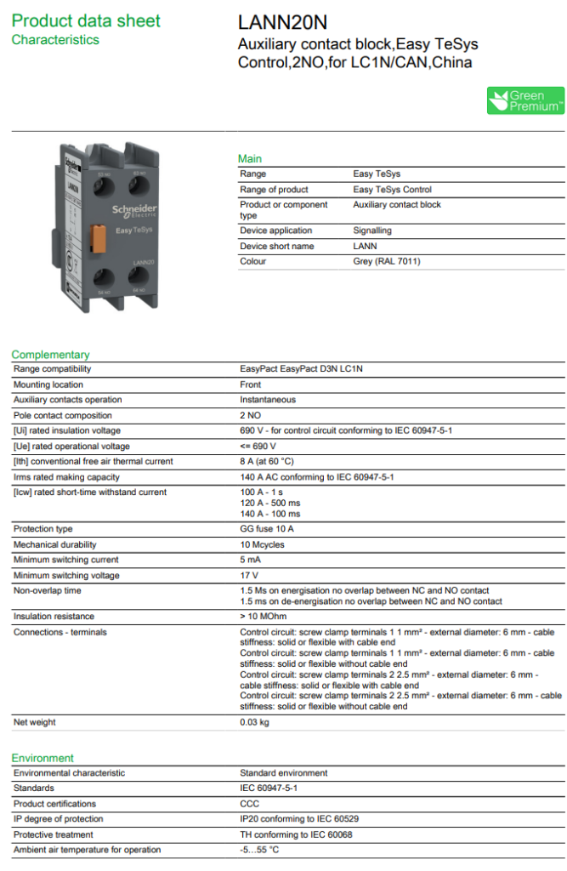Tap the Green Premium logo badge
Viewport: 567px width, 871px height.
[x=525, y=100]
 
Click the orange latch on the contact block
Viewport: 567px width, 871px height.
[x=99, y=236]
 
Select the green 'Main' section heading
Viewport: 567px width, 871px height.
[x=250, y=159]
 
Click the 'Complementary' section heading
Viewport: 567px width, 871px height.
[x=50, y=355]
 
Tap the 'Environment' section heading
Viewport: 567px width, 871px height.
[x=43, y=758]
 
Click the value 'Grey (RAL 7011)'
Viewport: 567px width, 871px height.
[x=386, y=261]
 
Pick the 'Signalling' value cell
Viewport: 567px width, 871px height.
[x=372, y=231]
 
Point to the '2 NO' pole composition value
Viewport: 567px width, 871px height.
[x=250, y=415]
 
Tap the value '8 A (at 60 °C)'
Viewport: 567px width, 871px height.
[x=267, y=461]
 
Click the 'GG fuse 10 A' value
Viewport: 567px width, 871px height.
[x=267, y=529]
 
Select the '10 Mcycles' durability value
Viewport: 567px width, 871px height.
[x=262, y=544]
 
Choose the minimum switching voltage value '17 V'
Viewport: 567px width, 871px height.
[x=248, y=575]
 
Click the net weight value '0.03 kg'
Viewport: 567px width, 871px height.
[x=254, y=722]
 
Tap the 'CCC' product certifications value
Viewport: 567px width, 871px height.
[x=249, y=804]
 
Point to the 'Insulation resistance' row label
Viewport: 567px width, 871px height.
[x=54, y=616]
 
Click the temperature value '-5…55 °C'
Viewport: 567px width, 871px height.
[x=259, y=850]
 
